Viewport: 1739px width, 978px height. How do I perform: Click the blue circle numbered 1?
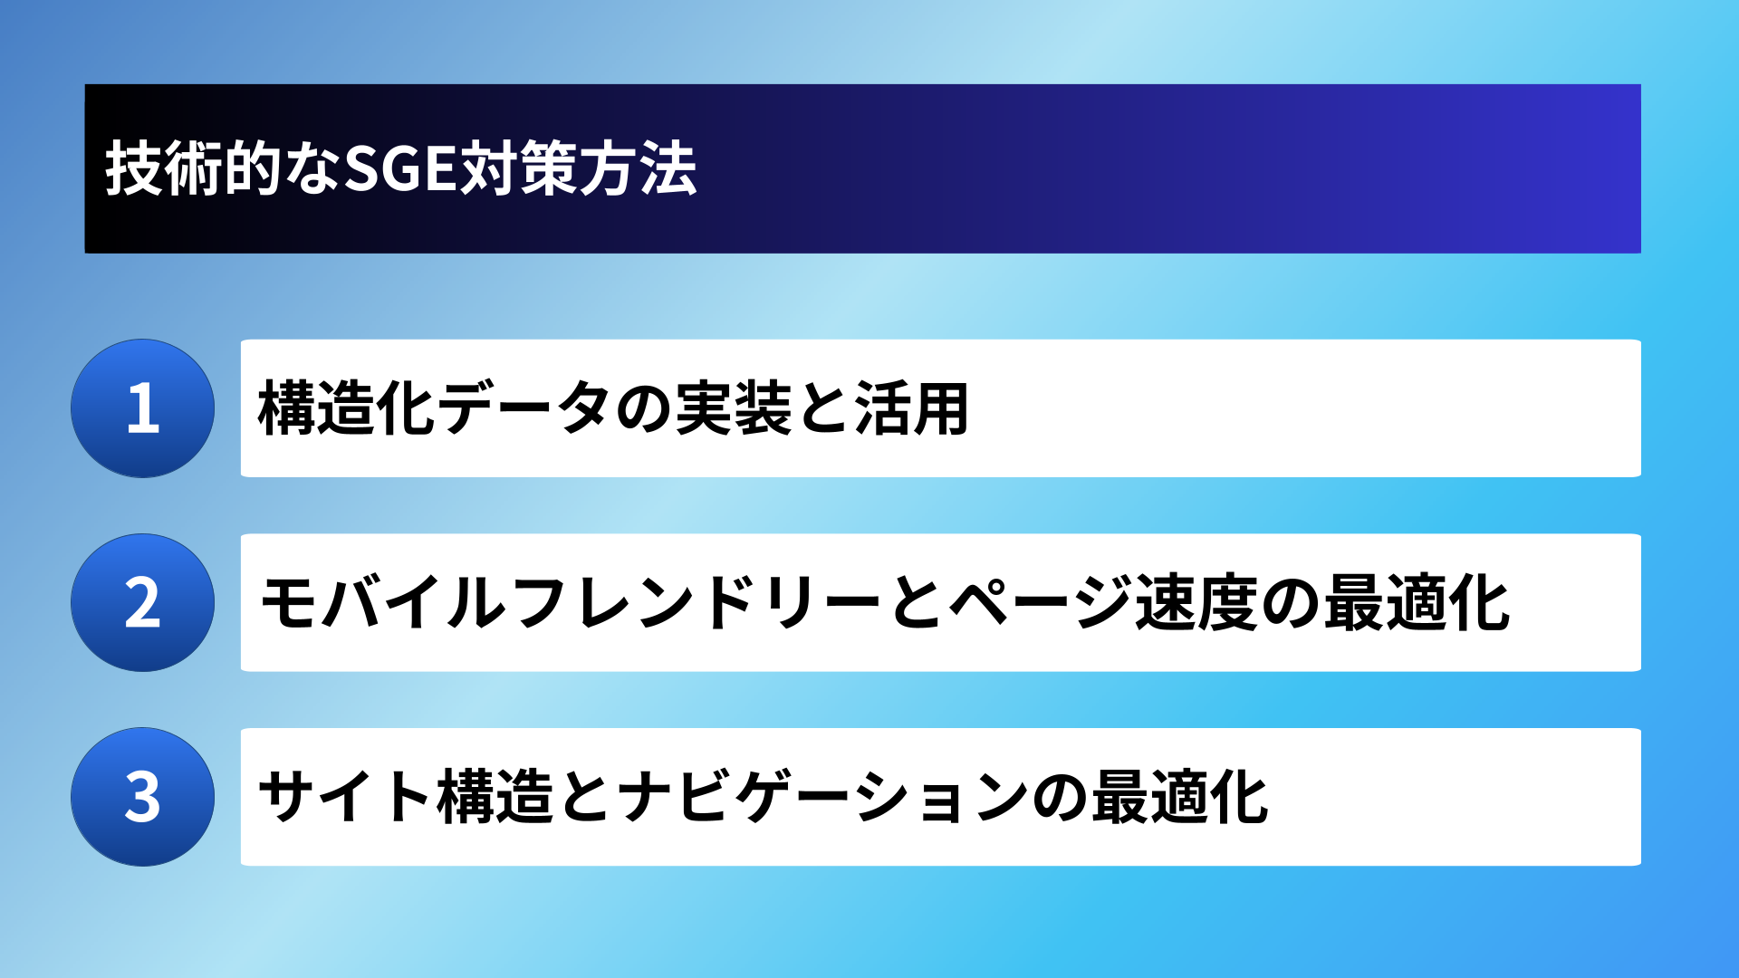coord(143,408)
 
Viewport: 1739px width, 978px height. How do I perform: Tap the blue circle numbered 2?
coord(143,603)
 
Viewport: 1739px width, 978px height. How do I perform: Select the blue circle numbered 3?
coord(143,797)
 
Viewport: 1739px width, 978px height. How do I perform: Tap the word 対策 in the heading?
coord(518,168)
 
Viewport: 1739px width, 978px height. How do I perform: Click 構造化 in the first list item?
coord(346,408)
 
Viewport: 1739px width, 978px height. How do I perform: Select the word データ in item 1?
coord(524,408)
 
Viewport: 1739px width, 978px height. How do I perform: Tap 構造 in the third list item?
coord(495,797)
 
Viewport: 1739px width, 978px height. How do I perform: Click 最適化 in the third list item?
coord(1180,797)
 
